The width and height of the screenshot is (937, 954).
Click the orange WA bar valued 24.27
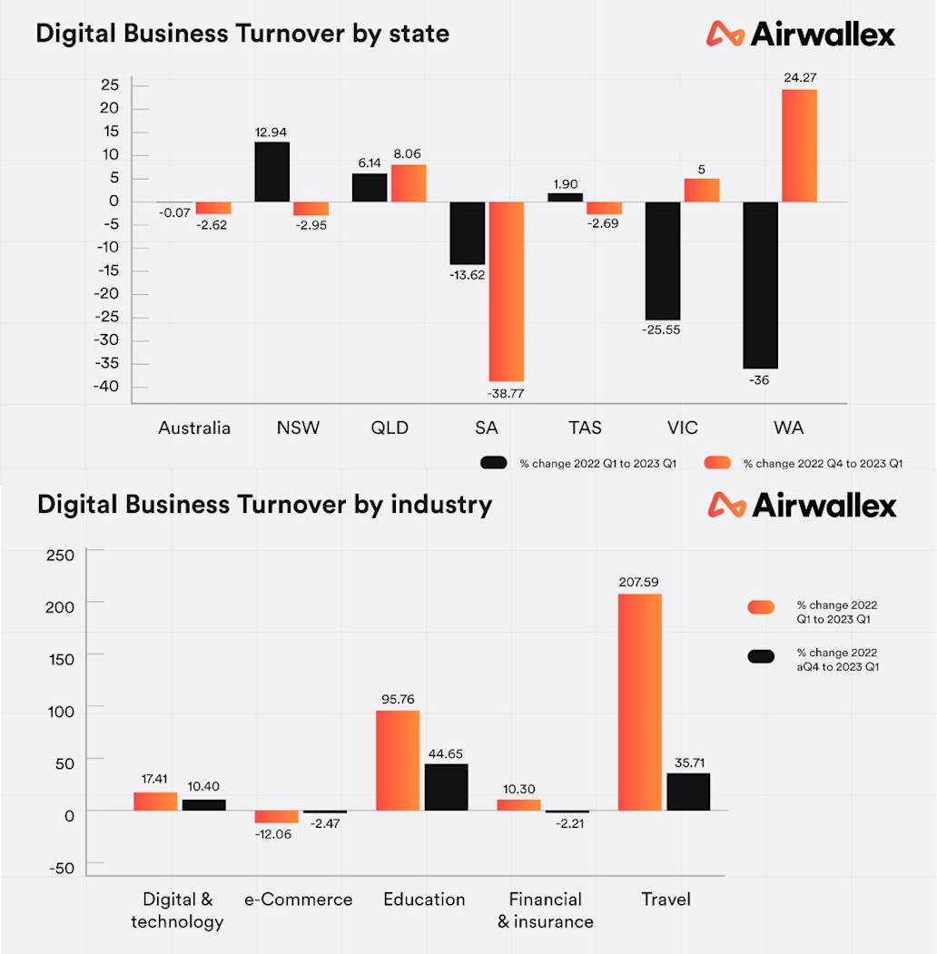800,145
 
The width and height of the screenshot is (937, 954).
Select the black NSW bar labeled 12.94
271,172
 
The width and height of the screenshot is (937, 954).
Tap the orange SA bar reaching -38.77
507,291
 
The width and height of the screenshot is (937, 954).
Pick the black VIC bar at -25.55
663,261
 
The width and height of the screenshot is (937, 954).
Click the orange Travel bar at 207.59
639,702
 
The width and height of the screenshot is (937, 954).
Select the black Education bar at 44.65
446,787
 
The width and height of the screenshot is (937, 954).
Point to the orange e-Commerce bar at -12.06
276,817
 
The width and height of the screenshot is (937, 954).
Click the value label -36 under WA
759,379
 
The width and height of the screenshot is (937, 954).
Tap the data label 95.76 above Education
398,700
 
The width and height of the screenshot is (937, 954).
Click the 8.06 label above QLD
409,154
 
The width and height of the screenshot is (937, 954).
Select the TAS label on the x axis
585,428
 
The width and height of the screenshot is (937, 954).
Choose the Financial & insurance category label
545,910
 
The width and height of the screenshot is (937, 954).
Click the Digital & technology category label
177,910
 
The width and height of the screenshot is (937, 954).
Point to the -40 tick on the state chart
108,388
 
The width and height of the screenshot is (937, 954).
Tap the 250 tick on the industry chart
60,555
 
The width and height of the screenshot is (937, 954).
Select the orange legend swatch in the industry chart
763,607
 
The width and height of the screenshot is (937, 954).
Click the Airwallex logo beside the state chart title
801,34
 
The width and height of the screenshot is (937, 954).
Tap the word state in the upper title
419,34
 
